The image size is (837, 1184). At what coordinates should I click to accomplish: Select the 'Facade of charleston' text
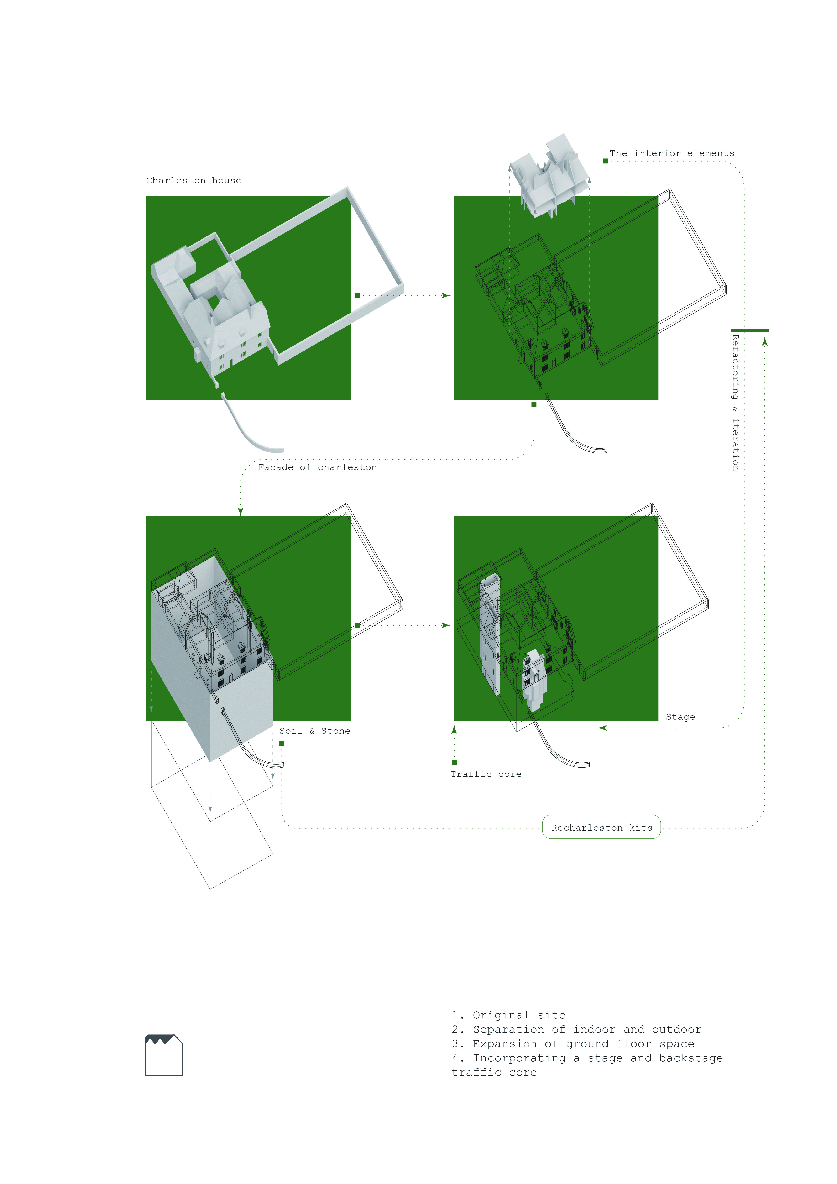coord(317,467)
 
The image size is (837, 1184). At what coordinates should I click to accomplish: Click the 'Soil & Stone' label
coord(314,731)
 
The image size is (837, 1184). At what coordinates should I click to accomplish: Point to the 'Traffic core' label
coord(486,774)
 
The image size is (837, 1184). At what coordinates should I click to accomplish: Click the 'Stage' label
coord(680,717)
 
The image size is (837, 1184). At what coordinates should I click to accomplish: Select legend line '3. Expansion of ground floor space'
coord(573,1044)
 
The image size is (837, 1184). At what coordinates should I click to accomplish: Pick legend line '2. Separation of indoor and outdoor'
coord(576,1029)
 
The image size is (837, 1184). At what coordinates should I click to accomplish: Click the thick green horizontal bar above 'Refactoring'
coord(749,330)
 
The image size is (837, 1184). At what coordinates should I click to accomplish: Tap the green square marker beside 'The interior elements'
coord(606,161)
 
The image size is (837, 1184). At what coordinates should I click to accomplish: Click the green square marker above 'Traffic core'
coord(454,763)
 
